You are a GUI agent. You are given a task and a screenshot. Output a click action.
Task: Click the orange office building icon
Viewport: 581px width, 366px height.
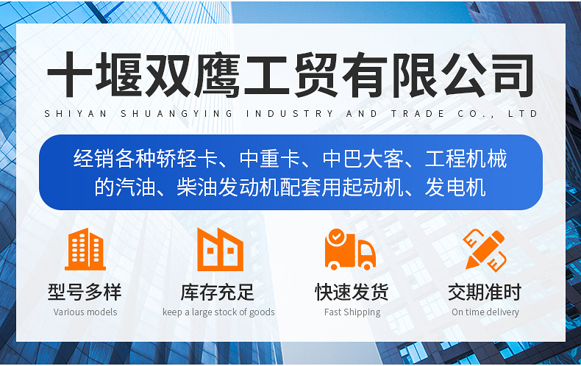click(85, 249)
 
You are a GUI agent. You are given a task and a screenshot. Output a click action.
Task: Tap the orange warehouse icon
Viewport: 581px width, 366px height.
click(220, 249)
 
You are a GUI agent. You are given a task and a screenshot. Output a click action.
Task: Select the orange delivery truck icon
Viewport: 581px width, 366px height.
click(350, 249)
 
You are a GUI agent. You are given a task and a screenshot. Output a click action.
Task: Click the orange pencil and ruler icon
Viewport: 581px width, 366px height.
click(485, 250)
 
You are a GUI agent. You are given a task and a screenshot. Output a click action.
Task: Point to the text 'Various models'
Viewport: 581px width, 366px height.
click(85, 312)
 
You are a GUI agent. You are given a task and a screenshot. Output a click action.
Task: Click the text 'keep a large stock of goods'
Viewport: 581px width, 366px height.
click(218, 312)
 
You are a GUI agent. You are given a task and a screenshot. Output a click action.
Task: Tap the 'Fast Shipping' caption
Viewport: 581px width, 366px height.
click(352, 312)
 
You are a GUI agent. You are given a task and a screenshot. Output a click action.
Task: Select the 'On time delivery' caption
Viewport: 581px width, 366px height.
click(485, 312)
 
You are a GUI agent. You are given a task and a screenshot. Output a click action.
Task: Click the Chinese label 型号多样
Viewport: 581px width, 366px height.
click(85, 292)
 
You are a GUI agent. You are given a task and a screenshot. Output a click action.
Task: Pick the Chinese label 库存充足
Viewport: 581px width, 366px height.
click(218, 292)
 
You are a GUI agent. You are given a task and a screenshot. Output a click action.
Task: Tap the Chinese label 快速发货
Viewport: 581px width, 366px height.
click(352, 292)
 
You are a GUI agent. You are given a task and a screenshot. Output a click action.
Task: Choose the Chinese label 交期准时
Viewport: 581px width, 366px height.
click(485, 292)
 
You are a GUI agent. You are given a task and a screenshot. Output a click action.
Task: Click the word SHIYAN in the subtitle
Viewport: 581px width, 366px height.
click(76, 114)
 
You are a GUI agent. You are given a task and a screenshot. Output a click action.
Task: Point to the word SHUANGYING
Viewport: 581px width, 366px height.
click(177, 114)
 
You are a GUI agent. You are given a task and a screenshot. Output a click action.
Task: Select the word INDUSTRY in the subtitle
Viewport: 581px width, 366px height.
click(290, 114)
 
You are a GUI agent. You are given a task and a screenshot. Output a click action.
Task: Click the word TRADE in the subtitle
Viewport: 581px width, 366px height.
click(418, 114)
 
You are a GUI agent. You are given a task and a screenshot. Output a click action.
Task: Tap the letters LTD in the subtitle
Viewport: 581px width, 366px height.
click(522, 114)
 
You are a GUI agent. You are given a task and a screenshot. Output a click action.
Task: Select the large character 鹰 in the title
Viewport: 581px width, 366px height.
click(217, 74)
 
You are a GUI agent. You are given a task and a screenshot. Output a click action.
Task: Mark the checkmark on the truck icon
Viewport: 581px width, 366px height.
click(336, 236)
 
